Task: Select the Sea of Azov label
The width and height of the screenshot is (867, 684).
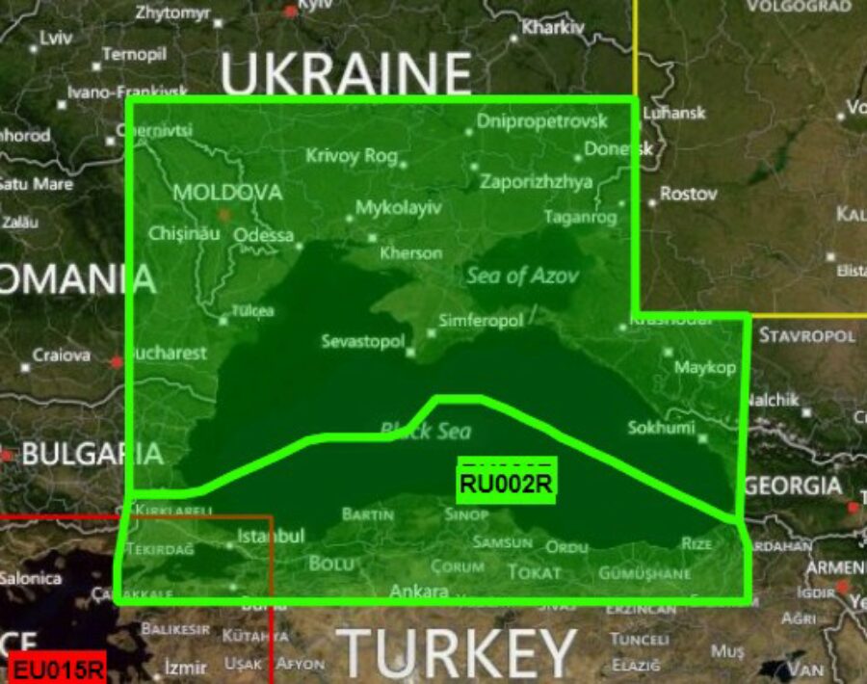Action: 522,276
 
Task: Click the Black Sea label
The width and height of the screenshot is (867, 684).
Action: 426,431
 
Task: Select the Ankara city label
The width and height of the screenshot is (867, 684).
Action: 419,591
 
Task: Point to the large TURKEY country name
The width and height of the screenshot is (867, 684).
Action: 457,654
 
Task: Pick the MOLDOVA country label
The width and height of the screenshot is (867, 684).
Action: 227,193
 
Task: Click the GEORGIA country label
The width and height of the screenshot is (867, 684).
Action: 793,486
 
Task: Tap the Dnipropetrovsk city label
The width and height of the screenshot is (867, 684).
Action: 542,122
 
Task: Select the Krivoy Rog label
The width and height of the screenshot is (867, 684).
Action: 351,155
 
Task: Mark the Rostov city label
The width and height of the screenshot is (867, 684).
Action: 688,194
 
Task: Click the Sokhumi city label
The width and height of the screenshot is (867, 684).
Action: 661,427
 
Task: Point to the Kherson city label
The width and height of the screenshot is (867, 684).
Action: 410,253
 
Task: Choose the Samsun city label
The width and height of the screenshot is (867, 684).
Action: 502,542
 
